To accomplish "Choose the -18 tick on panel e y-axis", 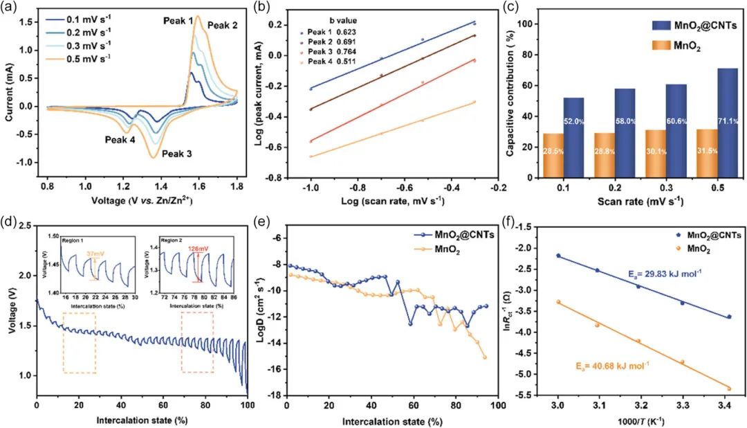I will click(275, 395).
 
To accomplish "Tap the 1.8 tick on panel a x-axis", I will click(236, 187).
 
